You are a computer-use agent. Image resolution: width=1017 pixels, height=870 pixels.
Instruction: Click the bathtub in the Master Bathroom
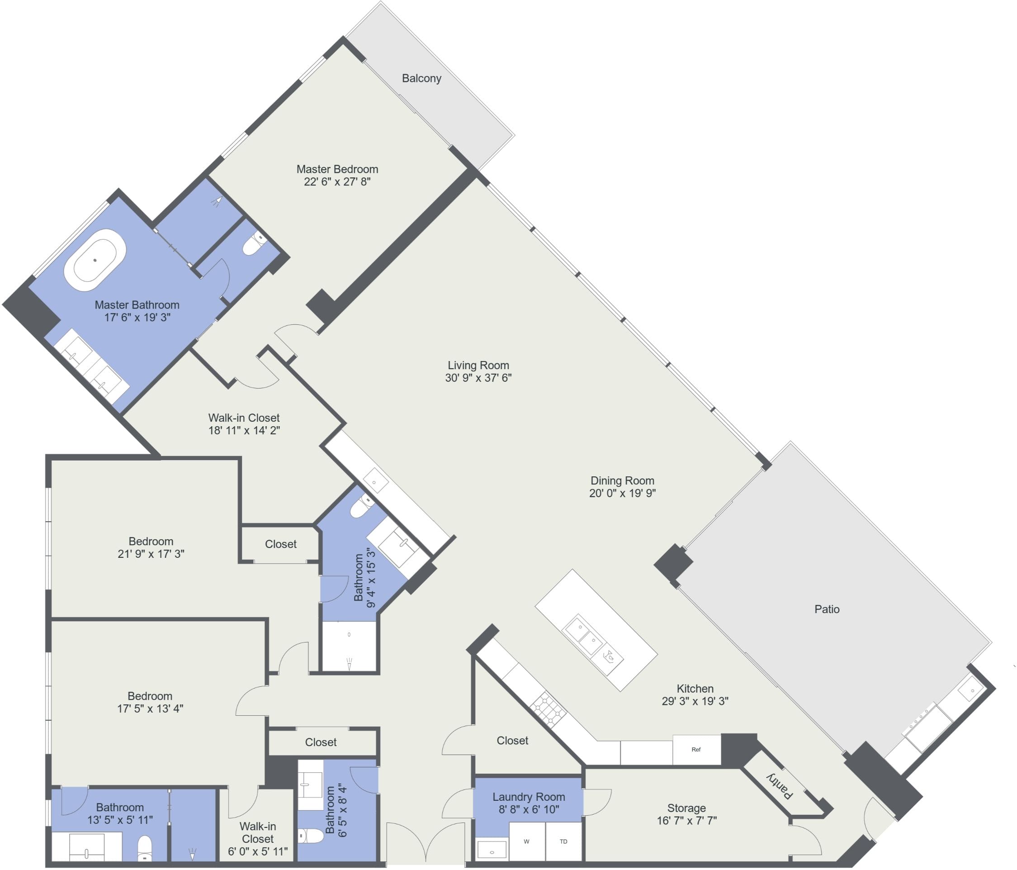[95, 260]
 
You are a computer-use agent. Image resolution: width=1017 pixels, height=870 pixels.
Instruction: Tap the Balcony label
[421, 78]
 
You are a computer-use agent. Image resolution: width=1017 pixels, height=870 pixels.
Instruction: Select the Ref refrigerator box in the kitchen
[696, 749]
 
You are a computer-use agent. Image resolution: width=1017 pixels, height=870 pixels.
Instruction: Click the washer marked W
[527, 841]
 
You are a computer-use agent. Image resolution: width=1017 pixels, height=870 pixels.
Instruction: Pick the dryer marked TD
[563, 841]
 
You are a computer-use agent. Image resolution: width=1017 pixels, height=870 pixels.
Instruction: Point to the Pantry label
[780, 785]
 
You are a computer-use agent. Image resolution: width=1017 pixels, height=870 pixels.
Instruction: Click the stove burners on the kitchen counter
[548, 709]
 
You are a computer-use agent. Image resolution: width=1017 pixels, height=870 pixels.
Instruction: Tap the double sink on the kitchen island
[584, 634]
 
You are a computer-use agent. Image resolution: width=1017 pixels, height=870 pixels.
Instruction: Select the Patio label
[827, 609]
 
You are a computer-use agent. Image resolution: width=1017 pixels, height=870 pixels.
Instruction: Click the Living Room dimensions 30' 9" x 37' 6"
[478, 378]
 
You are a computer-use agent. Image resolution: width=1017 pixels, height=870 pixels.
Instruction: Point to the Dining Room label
[622, 480]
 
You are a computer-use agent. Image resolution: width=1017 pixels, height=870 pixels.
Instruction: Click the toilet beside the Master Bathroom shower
[254, 244]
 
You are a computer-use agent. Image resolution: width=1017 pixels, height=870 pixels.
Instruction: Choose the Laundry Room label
[529, 797]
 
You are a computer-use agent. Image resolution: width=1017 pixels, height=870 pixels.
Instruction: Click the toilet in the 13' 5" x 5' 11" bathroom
[144, 847]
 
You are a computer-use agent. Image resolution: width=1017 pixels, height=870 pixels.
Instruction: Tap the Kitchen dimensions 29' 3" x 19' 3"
[695, 701]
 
